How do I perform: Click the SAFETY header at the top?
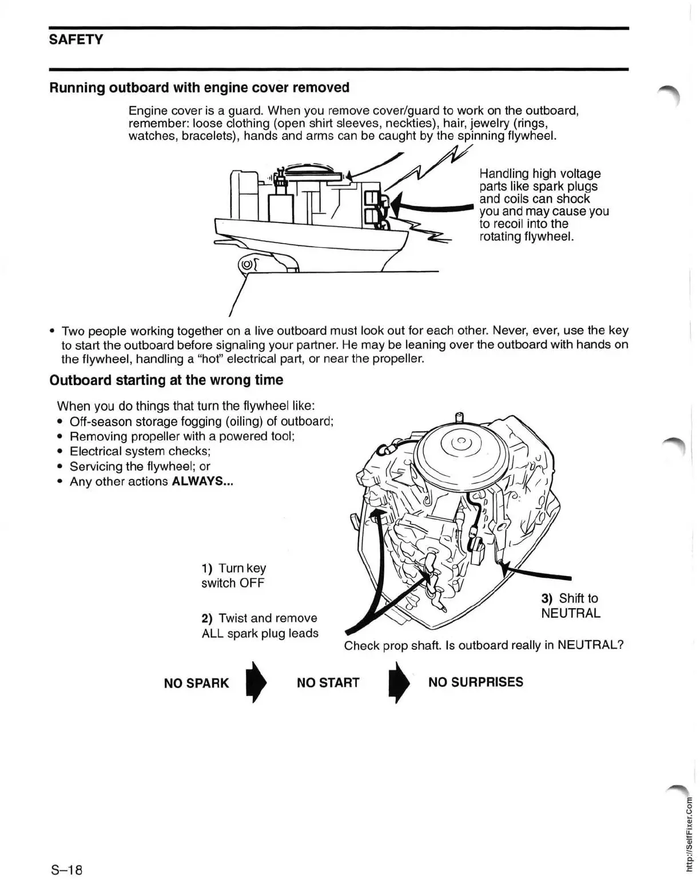pos(76,39)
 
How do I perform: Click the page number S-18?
pos(67,870)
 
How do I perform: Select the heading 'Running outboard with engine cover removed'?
pos(199,88)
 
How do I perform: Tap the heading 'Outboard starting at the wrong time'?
pos(166,380)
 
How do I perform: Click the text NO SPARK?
pos(196,683)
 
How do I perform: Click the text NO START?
pos(328,682)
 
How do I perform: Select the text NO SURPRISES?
pos(475,682)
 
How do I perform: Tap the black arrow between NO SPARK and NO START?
pos(255,682)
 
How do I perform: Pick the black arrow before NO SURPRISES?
pos(398,682)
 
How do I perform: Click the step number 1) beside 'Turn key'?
pos(207,569)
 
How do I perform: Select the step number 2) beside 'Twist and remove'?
pos(207,618)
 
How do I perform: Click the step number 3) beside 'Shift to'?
pos(547,599)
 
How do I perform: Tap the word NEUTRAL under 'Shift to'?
pos(570,614)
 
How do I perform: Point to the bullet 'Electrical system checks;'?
pos(140,451)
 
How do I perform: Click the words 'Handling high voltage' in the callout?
pos(539,173)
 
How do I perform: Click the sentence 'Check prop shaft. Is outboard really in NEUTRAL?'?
pos(483,646)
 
